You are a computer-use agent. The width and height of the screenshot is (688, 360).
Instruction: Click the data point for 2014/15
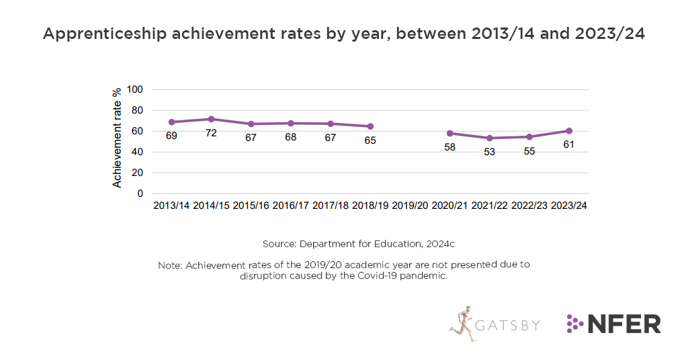pos(211,119)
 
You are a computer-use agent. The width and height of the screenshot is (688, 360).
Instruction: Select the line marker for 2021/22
pos(490,138)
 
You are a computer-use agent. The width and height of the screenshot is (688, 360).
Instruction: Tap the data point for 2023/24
pos(569,131)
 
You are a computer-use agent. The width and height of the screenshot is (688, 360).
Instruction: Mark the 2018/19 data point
pos(370,126)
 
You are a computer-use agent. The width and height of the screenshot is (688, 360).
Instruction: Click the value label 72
pos(211,133)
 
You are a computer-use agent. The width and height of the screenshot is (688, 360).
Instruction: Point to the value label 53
pos(490,152)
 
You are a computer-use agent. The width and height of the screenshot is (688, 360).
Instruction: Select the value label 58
pos(449,147)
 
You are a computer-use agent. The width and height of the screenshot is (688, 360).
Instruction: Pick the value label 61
pos(569,144)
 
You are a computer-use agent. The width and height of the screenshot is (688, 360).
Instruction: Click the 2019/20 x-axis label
pos(410,206)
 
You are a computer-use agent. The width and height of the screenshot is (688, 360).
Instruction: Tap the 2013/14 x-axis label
pos(171,206)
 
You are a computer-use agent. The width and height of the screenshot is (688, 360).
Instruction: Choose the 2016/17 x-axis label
pos(291,206)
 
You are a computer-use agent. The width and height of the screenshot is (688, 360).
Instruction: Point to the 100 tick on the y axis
pos(135,89)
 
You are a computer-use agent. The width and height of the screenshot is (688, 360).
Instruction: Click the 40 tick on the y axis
pos(138,152)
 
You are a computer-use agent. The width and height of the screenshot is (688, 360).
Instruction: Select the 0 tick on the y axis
pos(140,193)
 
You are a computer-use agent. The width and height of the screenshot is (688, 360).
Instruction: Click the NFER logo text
pos(624,324)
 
